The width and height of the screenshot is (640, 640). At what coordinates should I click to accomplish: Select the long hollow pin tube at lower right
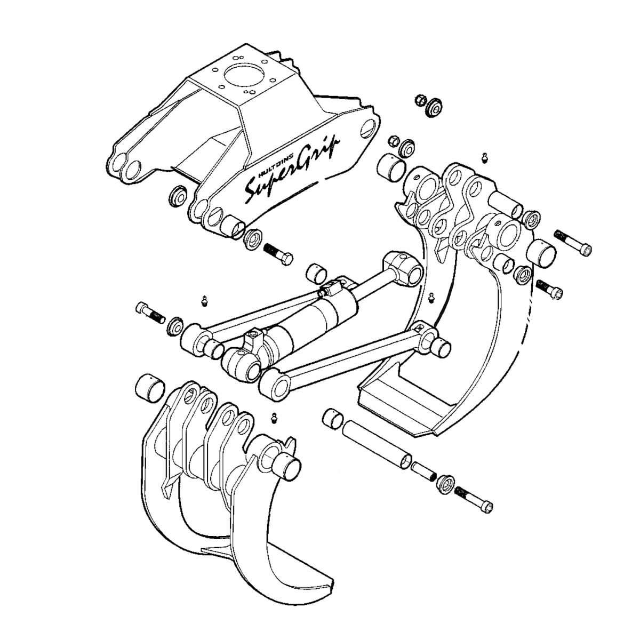[377, 442]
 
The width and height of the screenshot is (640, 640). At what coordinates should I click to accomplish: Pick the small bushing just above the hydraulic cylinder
[318, 273]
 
